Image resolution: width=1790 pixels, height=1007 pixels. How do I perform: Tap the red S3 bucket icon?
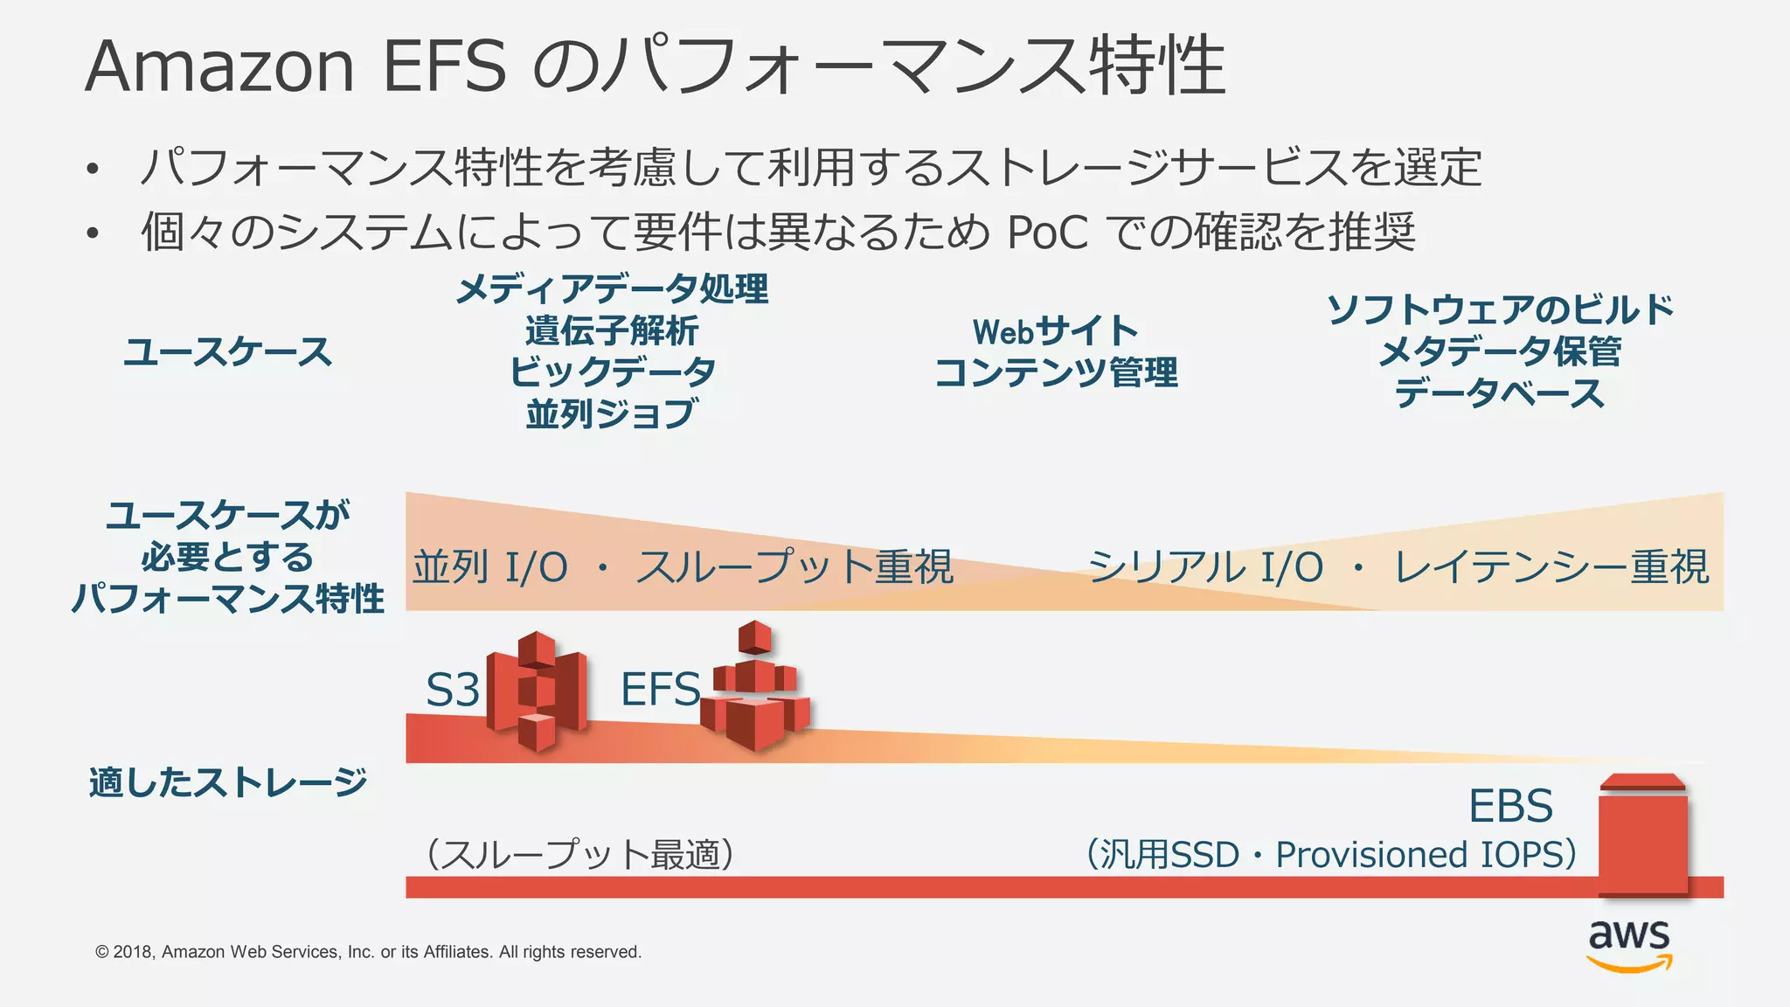pos(536,691)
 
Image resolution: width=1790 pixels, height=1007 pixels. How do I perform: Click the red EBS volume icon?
pos(1643,835)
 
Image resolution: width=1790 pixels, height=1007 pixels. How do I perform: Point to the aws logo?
pos(1629,945)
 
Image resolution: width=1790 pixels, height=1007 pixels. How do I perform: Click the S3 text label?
pos(452,691)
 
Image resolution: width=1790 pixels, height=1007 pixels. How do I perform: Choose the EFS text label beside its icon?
pos(660,690)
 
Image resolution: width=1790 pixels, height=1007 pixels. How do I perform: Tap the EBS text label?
pos(1510,806)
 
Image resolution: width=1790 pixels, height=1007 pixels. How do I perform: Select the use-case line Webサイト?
pos(1056,332)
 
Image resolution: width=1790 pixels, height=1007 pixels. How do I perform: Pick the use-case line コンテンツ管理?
pos(1056,373)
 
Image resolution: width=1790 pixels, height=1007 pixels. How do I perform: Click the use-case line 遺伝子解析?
pos(612,331)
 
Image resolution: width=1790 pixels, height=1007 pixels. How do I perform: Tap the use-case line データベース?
pos(1500,393)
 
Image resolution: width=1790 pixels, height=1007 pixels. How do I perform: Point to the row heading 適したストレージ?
pos(228,782)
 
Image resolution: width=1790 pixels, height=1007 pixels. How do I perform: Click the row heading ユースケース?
pos(228,352)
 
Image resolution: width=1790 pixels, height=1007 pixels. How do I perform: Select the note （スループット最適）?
pos(579,854)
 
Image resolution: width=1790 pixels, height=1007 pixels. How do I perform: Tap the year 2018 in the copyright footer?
pos(134,952)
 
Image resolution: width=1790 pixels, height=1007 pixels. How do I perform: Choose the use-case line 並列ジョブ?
pos(612,413)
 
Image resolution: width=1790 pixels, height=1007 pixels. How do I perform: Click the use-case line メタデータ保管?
pos(1500,352)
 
